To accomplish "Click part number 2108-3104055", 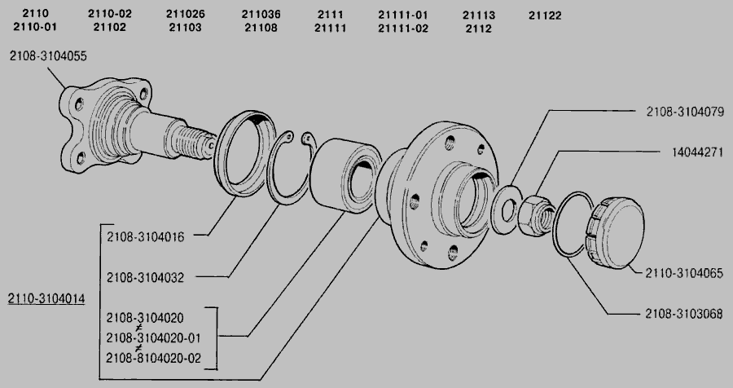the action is click(48, 56).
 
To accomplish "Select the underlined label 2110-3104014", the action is click(46, 298).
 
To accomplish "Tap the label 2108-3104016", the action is click(146, 237).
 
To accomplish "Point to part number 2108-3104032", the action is click(146, 277).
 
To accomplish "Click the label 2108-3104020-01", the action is click(153, 337).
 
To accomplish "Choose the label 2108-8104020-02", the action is click(153, 358).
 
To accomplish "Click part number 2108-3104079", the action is click(685, 112).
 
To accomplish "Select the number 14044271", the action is click(697, 152).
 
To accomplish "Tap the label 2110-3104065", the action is click(684, 273).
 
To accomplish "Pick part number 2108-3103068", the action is click(684, 314).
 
